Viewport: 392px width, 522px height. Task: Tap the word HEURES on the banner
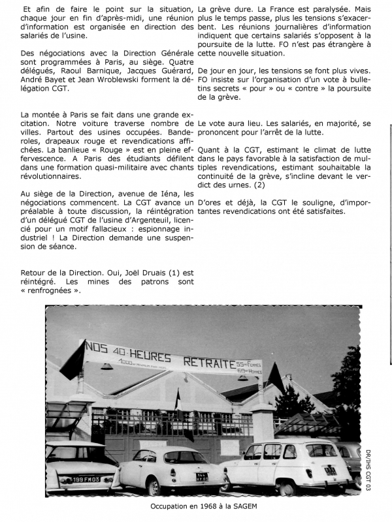151,356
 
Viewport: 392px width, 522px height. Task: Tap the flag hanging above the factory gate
177,401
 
